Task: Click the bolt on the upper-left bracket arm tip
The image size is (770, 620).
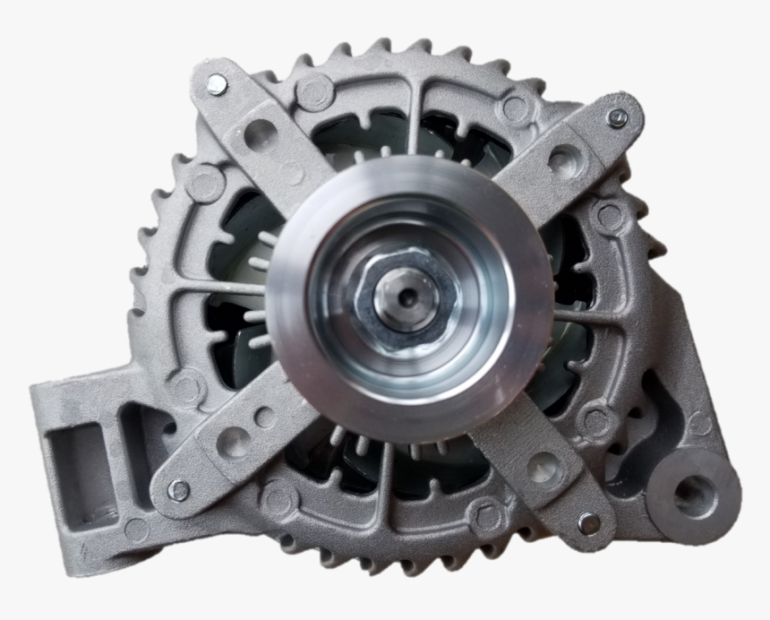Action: click(217, 85)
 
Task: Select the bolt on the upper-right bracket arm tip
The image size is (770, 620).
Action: click(617, 117)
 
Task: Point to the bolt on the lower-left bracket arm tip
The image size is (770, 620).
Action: click(179, 490)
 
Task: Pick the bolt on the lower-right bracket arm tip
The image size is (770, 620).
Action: click(588, 522)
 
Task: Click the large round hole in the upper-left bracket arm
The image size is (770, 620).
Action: click(261, 133)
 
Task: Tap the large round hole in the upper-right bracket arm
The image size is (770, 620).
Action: click(563, 162)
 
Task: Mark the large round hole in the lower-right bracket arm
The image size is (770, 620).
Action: click(543, 467)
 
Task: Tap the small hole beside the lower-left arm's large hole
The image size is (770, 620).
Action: click(265, 418)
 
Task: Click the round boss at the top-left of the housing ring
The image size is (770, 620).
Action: click(315, 90)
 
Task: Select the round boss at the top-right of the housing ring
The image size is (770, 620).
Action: click(515, 109)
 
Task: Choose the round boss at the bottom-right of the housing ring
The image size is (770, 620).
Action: click(487, 515)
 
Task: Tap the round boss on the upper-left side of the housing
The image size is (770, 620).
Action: click(204, 184)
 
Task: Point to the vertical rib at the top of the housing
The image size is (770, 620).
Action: click(416, 116)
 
